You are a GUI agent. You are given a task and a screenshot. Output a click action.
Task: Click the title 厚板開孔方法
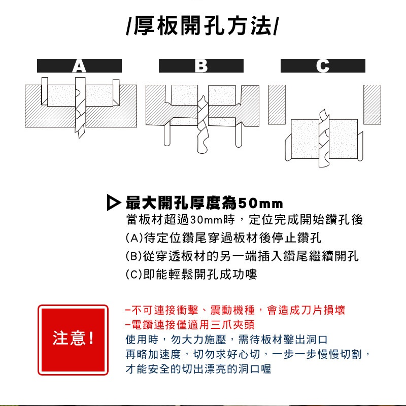pos(202,25)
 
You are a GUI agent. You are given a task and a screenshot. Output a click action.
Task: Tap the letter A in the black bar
pos(79,66)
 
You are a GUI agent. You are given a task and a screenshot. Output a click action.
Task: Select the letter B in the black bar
pos(201,66)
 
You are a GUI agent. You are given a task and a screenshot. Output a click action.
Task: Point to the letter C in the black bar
pos(323,66)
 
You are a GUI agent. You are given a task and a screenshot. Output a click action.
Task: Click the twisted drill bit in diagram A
pos(80,108)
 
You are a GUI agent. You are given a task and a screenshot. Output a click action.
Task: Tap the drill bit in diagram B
pos(202,124)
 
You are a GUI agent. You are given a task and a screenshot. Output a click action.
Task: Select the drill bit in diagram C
pos(324,139)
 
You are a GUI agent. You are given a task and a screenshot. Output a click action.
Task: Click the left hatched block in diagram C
pos(277,105)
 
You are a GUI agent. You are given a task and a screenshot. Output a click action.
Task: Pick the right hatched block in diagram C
pos(373,105)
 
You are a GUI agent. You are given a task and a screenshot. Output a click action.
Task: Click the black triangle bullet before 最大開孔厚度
pos(113,202)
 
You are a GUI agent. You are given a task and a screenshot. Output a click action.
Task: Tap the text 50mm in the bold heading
pos(260,204)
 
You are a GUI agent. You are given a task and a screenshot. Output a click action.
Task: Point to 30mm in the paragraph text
pos(207,220)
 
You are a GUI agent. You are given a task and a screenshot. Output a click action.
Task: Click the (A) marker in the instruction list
pos(134,238)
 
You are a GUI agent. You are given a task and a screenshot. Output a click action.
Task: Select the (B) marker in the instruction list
pos(134,256)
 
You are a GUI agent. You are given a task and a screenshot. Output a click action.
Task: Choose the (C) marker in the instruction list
pos(134,274)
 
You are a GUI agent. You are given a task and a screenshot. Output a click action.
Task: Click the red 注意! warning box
pos(73,340)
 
